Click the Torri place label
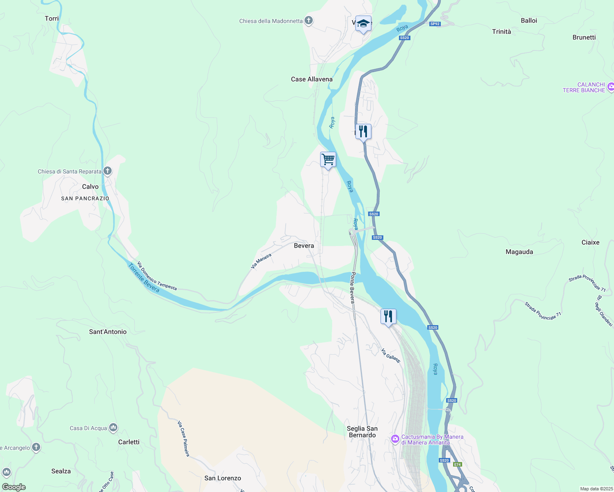point(52,18)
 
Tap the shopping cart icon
point(328,159)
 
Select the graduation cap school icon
point(363,23)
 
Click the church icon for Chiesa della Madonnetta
point(309,20)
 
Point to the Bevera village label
point(304,246)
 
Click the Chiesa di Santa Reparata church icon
point(108,171)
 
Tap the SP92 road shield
point(435,24)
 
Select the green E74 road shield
point(457,464)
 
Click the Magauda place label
point(519,252)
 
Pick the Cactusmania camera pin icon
point(395,439)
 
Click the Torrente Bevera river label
point(144,278)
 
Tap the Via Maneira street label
point(261,261)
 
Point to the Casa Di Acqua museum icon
point(113,428)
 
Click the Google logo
point(14,487)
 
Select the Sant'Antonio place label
point(108,332)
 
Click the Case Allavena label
point(312,79)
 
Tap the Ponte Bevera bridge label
point(352,287)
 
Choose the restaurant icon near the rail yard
point(388,317)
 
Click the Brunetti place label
point(584,37)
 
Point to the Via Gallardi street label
point(390,355)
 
